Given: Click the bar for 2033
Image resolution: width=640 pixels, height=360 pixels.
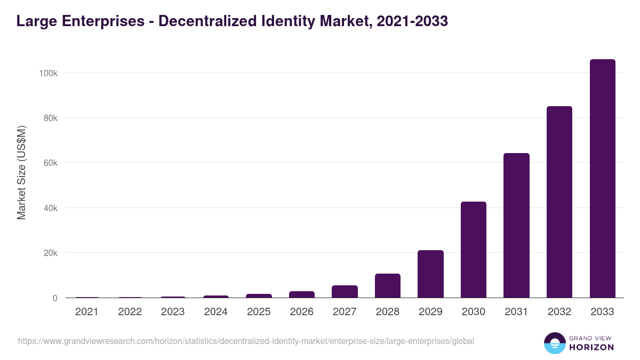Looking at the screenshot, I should click(x=602, y=179).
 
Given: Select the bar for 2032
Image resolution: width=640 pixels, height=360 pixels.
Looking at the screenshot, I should click(x=559, y=202).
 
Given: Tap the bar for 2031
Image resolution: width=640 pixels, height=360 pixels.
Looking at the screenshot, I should click(x=516, y=226).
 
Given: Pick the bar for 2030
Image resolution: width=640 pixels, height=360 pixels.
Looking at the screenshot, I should click(x=474, y=250).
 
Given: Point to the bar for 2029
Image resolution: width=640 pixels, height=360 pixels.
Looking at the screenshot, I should click(x=430, y=274).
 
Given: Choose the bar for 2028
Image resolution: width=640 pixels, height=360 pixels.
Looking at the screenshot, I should click(x=388, y=285).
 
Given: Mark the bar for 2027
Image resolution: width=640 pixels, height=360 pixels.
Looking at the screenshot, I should click(x=345, y=291).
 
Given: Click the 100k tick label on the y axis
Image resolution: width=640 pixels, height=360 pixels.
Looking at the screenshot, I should click(x=48, y=73).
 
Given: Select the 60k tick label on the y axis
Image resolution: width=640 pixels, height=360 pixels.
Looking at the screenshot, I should click(x=50, y=163).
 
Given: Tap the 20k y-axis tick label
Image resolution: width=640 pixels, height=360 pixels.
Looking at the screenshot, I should click(x=50, y=253).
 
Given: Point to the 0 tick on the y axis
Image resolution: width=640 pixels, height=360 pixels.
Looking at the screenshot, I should click(x=54, y=298).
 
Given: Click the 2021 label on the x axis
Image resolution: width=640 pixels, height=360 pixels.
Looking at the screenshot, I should click(x=87, y=312).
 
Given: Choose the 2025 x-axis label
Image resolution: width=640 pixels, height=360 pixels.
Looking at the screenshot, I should click(x=259, y=312).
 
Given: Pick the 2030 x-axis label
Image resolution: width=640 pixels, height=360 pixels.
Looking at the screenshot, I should click(x=474, y=312).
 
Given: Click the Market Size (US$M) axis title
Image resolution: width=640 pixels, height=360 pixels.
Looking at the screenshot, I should click(x=21, y=172).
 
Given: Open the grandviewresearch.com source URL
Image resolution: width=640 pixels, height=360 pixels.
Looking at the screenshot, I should click(x=246, y=341).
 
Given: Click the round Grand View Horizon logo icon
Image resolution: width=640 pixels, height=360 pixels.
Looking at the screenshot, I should click(x=554, y=343).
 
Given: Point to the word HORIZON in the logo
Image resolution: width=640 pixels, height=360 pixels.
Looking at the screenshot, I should click(x=591, y=347).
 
